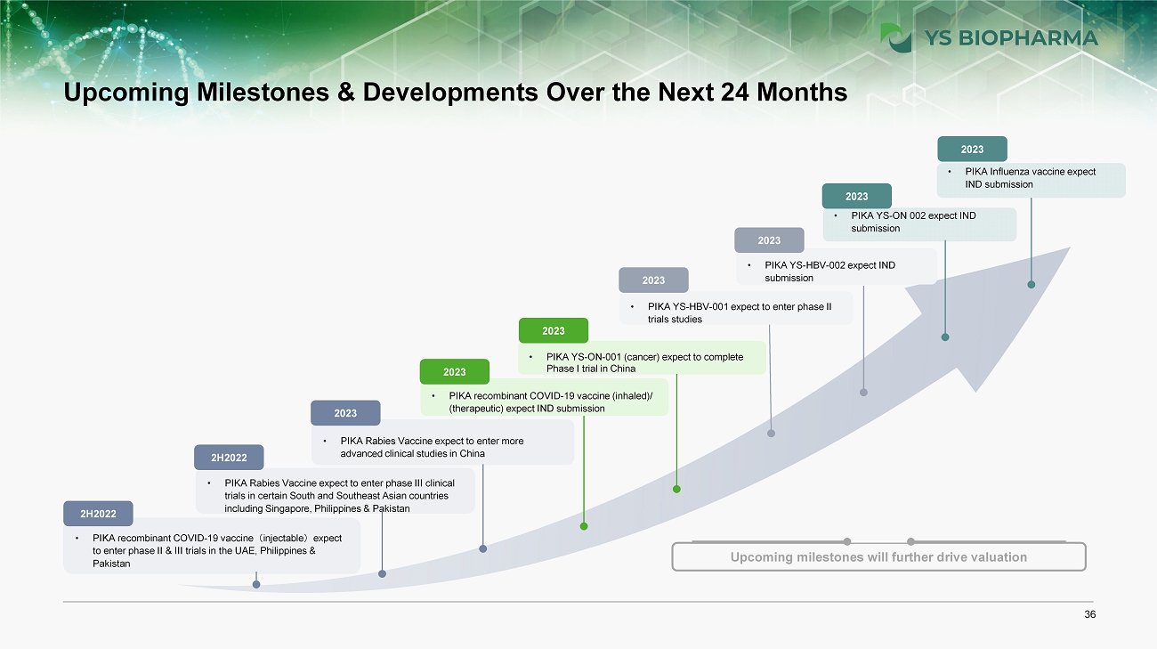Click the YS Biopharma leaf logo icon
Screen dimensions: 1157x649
895,37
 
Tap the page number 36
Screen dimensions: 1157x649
1090,614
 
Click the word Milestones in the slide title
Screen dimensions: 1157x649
263,93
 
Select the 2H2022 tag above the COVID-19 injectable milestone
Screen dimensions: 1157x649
98,514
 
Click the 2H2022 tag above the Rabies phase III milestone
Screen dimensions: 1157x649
229,458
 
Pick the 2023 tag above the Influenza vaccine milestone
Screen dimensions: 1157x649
972,150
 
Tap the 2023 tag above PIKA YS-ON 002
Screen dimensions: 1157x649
857,197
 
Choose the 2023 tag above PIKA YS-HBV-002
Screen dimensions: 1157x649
769,240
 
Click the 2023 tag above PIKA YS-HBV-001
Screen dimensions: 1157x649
653,280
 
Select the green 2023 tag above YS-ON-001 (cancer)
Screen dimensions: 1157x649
554,330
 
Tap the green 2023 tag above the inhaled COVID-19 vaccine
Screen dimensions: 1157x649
455,372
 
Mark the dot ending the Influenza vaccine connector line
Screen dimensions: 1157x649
1032,285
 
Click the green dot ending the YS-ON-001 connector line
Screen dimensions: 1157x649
676,489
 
